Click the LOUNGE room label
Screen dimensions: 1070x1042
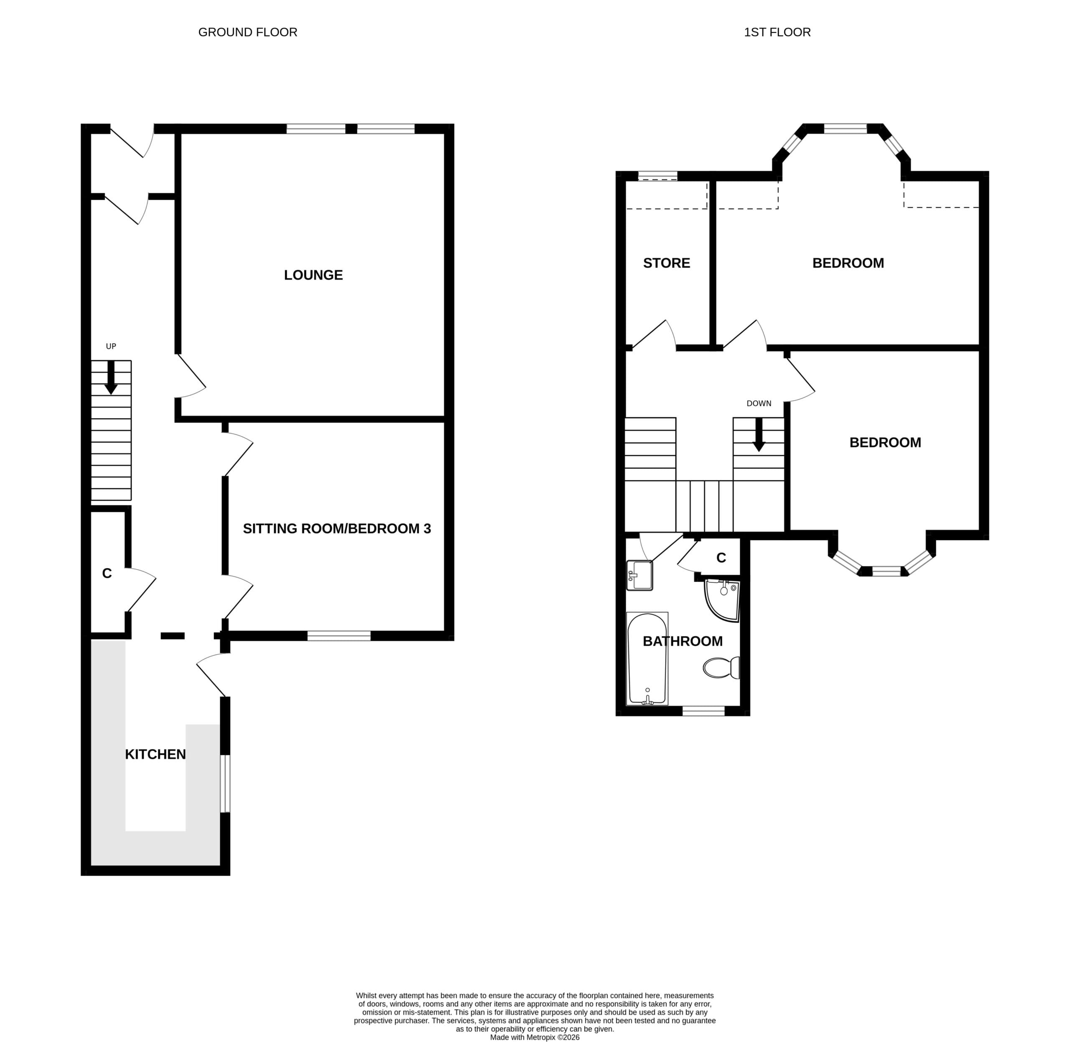(x=313, y=275)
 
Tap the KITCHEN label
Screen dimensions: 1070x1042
(x=155, y=755)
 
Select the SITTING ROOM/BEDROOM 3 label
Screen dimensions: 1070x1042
(x=336, y=529)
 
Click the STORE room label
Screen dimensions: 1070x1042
(x=666, y=263)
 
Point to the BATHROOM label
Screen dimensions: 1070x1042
(x=683, y=642)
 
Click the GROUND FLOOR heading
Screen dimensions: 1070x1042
(x=247, y=32)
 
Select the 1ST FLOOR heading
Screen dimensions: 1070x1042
(x=777, y=32)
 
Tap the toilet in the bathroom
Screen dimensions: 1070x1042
(x=721, y=667)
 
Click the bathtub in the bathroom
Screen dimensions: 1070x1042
(x=647, y=659)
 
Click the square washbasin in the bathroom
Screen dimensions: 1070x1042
(x=639, y=576)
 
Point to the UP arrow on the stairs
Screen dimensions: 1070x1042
(x=111, y=377)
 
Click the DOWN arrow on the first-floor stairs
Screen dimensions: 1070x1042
(x=759, y=435)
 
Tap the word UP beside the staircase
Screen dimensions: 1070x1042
(x=111, y=346)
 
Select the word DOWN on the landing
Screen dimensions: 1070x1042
(x=759, y=404)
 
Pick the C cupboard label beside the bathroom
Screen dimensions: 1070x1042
(x=721, y=558)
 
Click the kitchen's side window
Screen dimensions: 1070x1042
(x=225, y=783)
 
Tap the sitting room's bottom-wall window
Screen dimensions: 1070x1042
(x=339, y=635)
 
